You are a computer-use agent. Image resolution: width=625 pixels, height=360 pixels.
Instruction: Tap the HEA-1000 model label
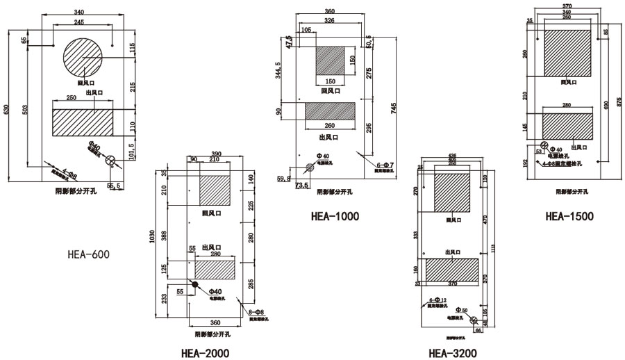[x=335, y=216]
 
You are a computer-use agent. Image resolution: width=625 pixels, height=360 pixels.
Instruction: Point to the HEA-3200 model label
[x=453, y=353]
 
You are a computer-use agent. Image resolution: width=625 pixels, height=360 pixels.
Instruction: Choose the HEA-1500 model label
[x=569, y=216]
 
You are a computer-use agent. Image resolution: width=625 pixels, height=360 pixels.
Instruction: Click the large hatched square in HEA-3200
[x=457, y=191]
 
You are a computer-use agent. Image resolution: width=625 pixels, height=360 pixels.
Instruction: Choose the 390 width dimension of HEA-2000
[x=215, y=154]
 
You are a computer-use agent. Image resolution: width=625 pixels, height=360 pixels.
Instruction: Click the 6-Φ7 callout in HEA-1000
[x=385, y=164]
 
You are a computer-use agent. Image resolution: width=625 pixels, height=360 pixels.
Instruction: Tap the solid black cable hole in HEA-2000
[x=195, y=285]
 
